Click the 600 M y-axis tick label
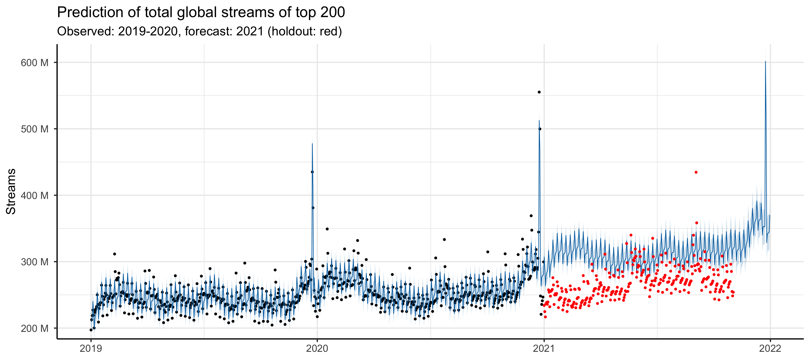pyautogui.click(x=35, y=63)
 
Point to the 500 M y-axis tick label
pyautogui.click(x=35, y=129)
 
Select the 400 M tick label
pyautogui.click(x=35, y=195)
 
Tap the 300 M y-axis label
pyautogui.click(x=35, y=262)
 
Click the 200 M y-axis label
pyautogui.click(x=35, y=329)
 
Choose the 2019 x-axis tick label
pyautogui.click(x=91, y=348)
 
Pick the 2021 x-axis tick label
pyautogui.click(x=544, y=348)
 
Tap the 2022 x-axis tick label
pyautogui.click(x=770, y=348)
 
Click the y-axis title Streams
pyautogui.click(x=11, y=191)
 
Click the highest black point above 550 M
pyautogui.click(x=539, y=92)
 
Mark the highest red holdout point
pyautogui.click(x=696, y=172)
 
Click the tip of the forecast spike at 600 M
pyautogui.click(x=765, y=62)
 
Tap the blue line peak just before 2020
pyautogui.click(x=312, y=144)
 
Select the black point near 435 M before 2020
pyautogui.click(x=312, y=172)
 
